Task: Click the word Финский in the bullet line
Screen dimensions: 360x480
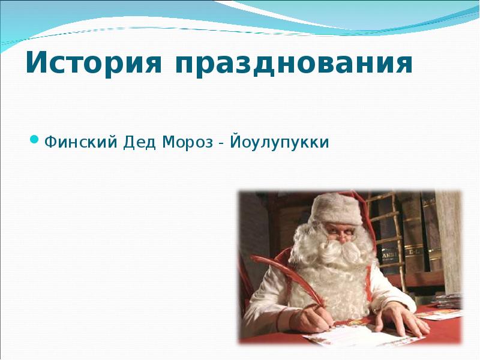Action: (x=80, y=143)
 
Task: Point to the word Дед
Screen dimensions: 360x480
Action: (x=140, y=143)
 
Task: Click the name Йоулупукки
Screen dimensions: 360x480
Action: (x=281, y=143)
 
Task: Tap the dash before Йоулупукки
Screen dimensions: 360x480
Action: (x=222, y=144)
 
